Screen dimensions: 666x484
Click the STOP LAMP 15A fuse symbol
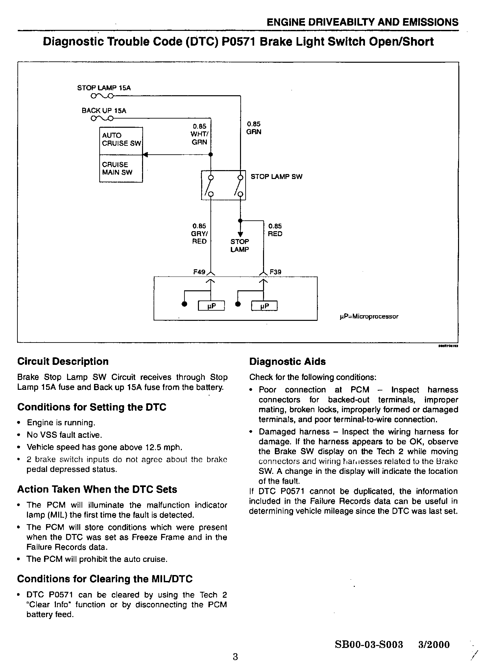102,96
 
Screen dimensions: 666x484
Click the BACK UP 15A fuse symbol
102,118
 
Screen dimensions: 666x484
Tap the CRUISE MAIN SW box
121,168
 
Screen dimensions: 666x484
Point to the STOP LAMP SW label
276,177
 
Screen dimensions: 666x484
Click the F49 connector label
199,272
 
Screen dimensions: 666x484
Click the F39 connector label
276,272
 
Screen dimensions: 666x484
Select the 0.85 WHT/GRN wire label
200,134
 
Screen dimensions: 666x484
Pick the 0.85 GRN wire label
254,128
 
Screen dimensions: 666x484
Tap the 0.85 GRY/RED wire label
199,234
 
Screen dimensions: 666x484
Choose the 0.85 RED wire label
275,230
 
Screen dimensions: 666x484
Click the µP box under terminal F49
211,306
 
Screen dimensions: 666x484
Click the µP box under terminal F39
264,306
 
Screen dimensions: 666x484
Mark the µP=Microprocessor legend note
369,317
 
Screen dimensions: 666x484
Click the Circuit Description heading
63,361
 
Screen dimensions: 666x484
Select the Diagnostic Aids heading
287,362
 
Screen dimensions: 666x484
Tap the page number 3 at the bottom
235,656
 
